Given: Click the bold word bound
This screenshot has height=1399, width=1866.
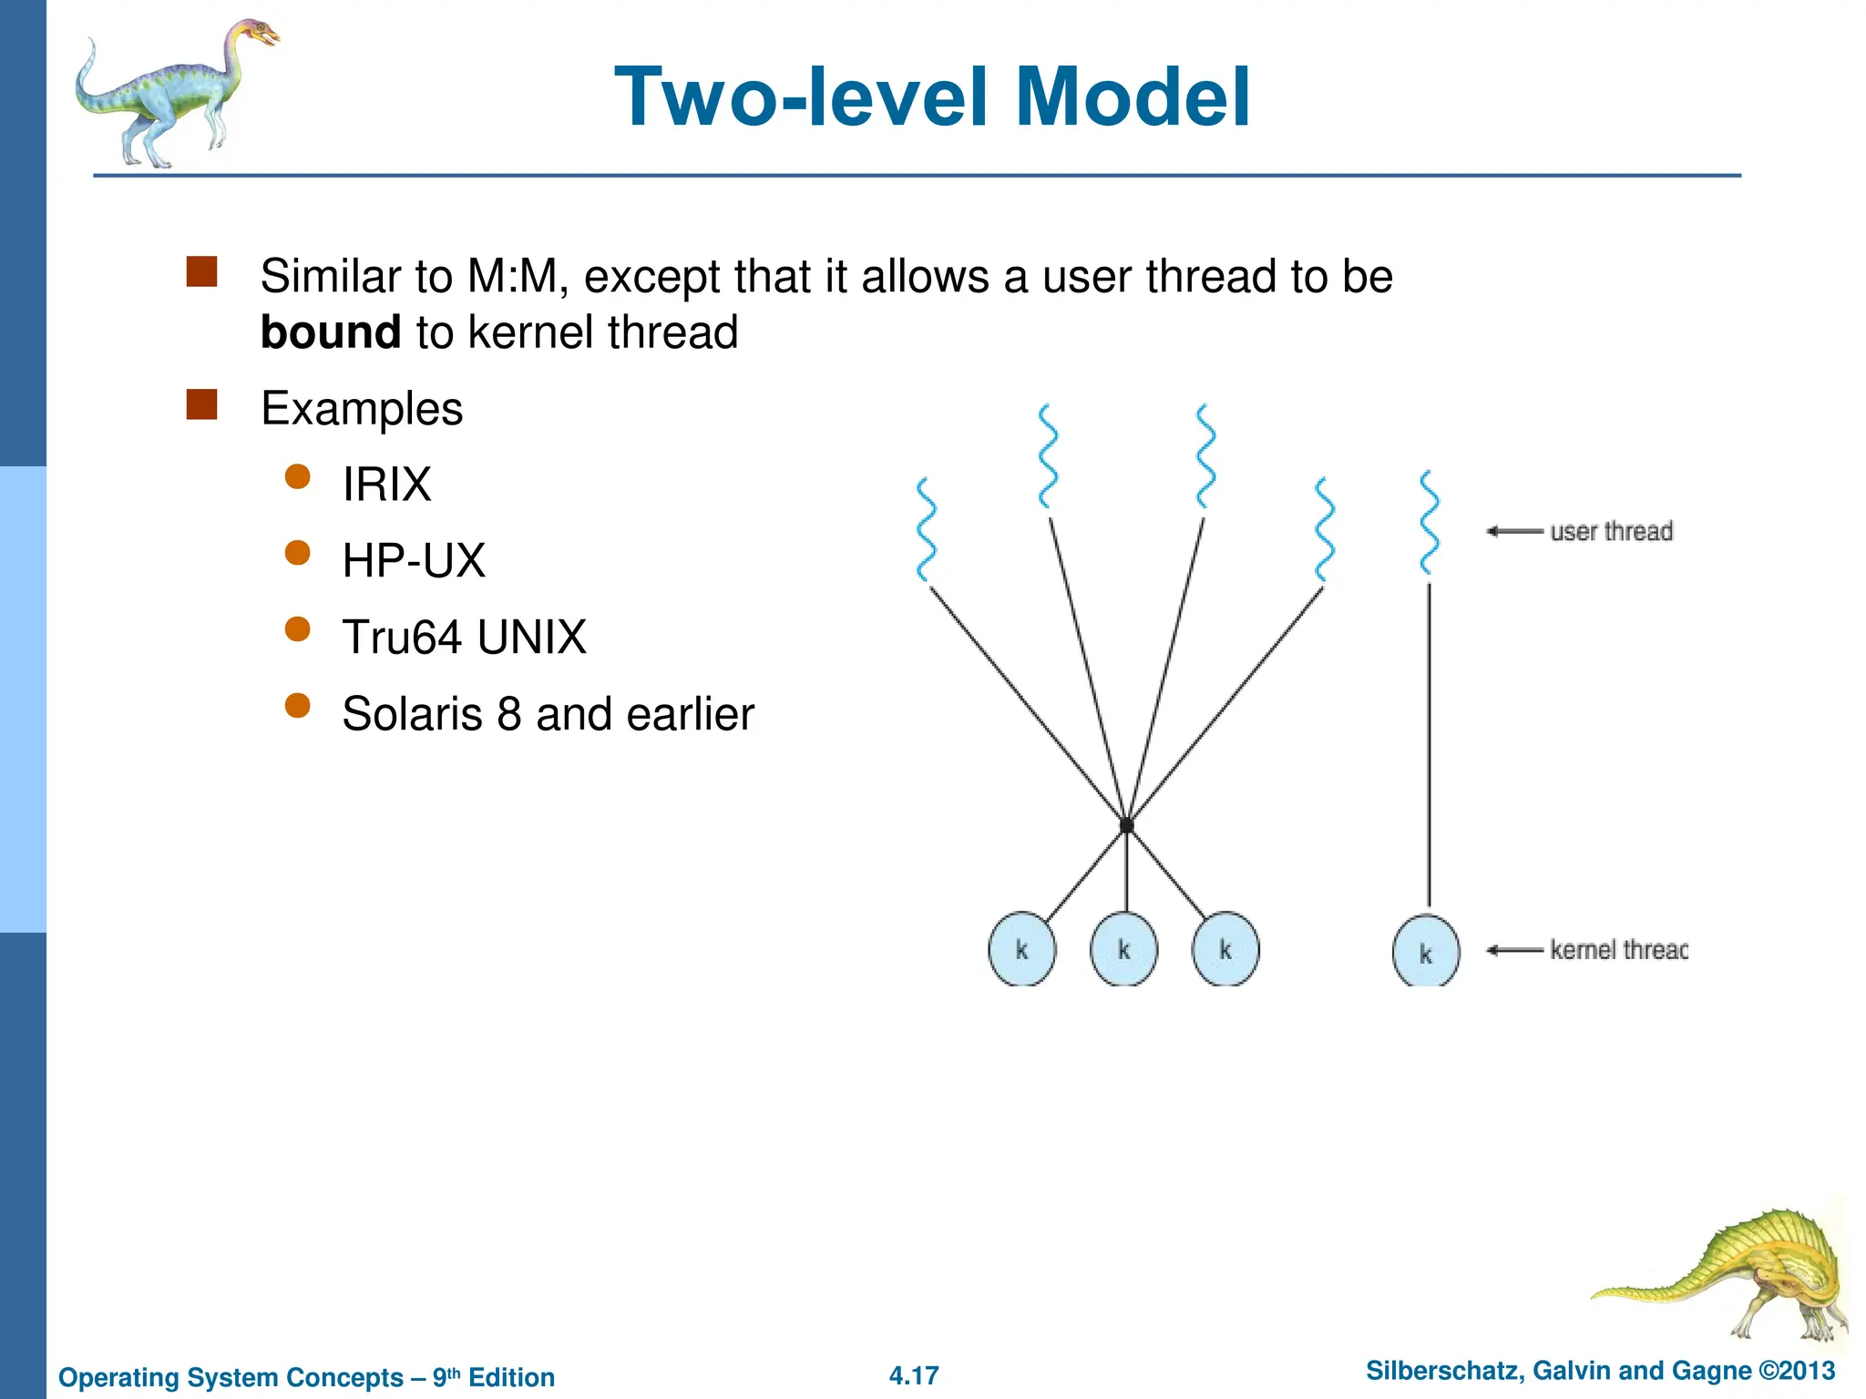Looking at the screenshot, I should click(330, 332).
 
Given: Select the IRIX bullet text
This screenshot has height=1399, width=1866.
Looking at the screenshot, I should click(386, 484).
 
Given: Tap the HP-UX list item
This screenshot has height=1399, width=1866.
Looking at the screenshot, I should click(414, 560).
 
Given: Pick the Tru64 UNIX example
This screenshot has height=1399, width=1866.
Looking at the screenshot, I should click(464, 637).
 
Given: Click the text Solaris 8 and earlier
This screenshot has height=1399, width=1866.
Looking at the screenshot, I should click(548, 713).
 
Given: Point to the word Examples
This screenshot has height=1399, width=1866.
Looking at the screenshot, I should click(362, 408).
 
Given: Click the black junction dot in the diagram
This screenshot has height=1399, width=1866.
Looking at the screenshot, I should click(1126, 825).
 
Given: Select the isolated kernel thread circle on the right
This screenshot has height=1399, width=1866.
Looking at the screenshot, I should click(1426, 952).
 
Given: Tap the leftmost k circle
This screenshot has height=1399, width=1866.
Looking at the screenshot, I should click(1021, 950).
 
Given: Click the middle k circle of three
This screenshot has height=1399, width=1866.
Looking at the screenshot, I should click(1123, 950).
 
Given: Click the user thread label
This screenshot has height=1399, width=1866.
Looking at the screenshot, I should click(1611, 531).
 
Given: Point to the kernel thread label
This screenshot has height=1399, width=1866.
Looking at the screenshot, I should click(1618, 950).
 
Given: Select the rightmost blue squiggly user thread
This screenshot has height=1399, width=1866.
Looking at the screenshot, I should click(1429, 522).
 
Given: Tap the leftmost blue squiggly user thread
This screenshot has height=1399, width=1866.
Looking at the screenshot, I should click(927, 529).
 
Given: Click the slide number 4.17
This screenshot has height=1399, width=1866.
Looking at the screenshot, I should click(914, 1375).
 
